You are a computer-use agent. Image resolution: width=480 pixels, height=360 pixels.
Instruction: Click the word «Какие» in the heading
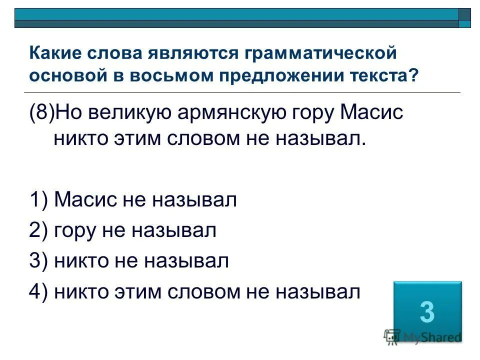click(x=56, y=52)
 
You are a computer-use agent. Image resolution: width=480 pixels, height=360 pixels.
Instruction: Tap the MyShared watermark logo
click(x=422, y=336)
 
